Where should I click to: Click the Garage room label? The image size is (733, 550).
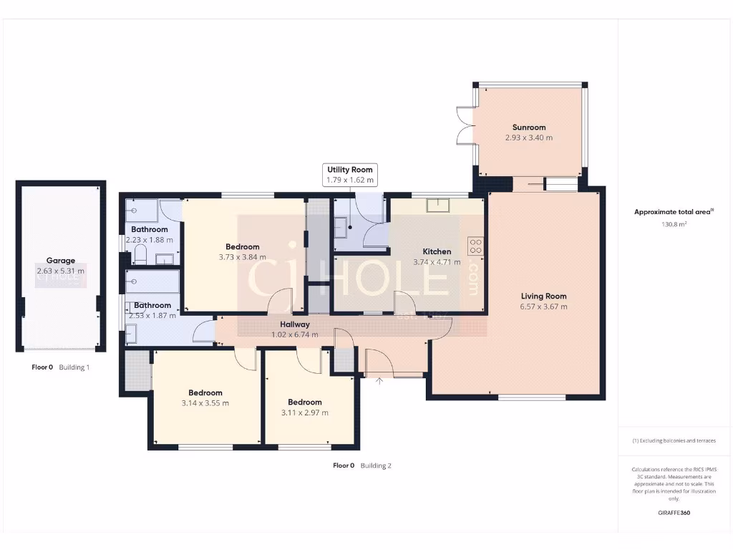pos(61,261)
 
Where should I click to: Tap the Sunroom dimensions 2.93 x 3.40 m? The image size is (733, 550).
pos(529,137)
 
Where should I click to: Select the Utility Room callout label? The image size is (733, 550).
pos(350,170)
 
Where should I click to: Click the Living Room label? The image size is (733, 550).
pos(543,296)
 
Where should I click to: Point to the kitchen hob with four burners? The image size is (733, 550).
pos(475,246)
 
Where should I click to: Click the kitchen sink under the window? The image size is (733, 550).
pos(437,206)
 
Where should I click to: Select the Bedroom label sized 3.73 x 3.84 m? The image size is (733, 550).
pos(241,247)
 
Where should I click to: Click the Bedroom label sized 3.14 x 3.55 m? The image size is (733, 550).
pos(205,392)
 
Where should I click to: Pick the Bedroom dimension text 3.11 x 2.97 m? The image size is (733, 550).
pos(305,412)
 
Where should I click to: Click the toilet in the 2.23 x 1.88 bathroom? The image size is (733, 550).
pos(140,255)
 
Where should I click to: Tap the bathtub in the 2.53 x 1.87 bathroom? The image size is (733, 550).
pos(152,282)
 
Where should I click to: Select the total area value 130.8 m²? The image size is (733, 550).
pos(674,224)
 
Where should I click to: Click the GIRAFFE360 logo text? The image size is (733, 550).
pos(674,513)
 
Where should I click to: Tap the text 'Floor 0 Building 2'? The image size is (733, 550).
pos(362,465)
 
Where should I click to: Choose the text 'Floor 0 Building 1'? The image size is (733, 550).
pos(60,367)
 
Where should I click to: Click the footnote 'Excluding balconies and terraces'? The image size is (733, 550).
pos(674,440)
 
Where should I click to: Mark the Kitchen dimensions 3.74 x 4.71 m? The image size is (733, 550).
pos(437,262)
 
